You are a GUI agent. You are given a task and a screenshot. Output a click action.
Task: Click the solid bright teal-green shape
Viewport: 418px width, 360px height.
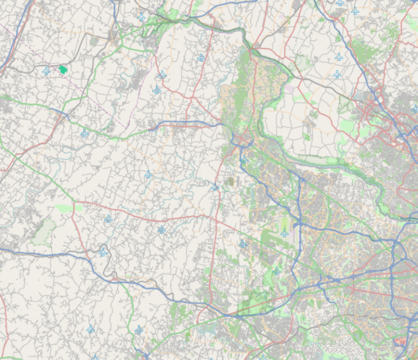click(63, 70)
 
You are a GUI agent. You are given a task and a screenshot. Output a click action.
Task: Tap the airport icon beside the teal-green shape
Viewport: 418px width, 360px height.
click(47, 71)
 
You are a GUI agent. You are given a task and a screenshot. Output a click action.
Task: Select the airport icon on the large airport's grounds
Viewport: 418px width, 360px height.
click(284, 233)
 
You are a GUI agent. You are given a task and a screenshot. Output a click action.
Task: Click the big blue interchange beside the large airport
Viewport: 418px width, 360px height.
click(299, 224)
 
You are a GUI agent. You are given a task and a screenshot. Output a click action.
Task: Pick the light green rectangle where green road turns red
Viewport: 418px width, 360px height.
click(76, 208)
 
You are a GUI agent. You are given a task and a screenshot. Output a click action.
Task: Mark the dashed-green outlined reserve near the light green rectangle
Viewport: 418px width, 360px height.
click(44, 231)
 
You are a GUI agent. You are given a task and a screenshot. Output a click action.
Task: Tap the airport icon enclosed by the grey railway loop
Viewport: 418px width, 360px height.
click(103, 252)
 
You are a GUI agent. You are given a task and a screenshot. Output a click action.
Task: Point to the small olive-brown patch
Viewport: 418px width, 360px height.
click(230, 181)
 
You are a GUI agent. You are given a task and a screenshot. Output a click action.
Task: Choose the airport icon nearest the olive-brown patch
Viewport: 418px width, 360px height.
click(216, 187)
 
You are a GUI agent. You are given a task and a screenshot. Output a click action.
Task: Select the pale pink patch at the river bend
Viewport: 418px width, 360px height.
click(288, 87)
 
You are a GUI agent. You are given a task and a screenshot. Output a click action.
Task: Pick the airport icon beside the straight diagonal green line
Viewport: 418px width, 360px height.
click(243, 245)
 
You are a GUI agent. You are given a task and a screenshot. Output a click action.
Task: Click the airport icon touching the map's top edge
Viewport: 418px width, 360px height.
click(340, 3)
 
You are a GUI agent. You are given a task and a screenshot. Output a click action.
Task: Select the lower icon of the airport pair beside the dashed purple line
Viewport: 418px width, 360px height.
click(157, 90)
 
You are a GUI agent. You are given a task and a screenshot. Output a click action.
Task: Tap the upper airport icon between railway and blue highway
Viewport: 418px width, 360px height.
click(339, 57)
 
